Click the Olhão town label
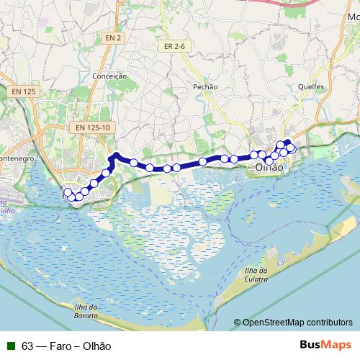point(269,167)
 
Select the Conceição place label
point(110,76)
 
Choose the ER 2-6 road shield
point(174,46)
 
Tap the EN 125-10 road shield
point(91,127)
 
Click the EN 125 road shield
point(23,92)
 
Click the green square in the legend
point(10,346)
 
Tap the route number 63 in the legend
point(27,346)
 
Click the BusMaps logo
point(326,345)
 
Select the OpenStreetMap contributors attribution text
point(297,323)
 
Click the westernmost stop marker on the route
point(68,192)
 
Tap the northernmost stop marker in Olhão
point(287,143)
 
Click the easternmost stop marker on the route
point(292,149)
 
